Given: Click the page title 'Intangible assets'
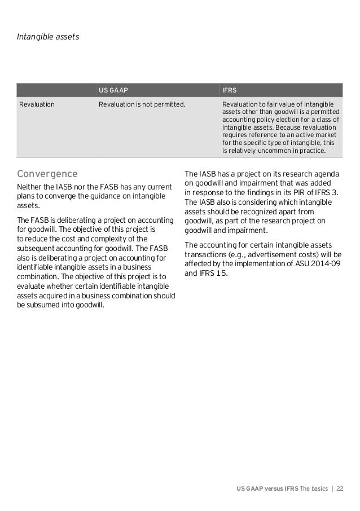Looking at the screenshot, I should tap(48, 37).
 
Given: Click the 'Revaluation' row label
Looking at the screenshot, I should tap(37, 104).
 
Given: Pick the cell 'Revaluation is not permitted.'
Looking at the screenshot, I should tap(142, 104).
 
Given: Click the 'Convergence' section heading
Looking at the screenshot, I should tap(47, 172).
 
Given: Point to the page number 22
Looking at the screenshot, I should tap(340, 487).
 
